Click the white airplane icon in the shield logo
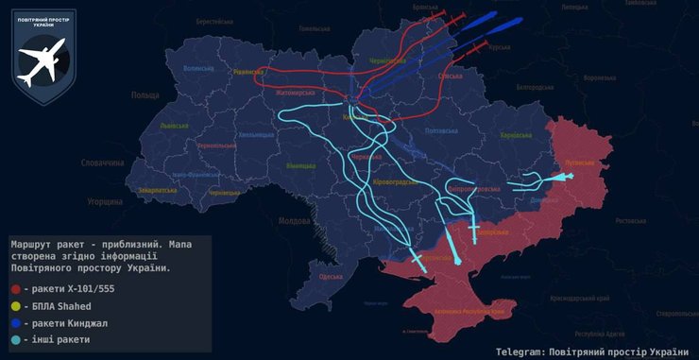coord(43,62)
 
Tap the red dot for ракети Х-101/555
coord(16,288)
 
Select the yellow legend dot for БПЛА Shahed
coord(16,305)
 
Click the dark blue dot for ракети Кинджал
coord(16,322)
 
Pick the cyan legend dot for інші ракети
coord(16,339)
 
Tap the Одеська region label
coord(331,276)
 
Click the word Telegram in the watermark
coord(523,350)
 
